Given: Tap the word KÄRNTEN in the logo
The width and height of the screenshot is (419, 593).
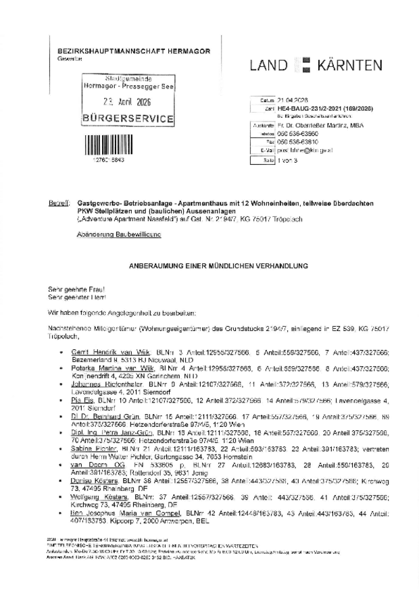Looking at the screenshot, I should click(x=347, y=66).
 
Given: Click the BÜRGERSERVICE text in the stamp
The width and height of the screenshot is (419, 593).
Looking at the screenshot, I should click(x=126, y=119).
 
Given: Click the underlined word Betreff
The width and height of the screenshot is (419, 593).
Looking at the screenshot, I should click(x=58, y=203).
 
